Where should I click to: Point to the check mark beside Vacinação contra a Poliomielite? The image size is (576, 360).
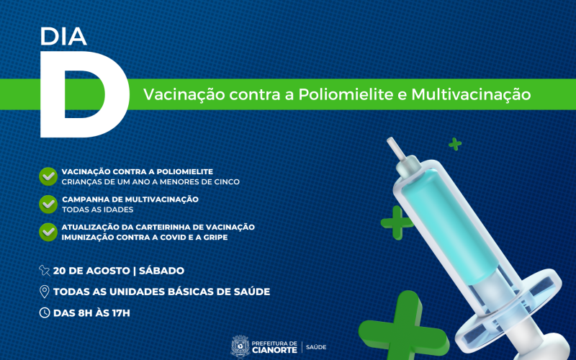[48, 176]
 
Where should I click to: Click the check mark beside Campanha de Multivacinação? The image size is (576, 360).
[48, 203]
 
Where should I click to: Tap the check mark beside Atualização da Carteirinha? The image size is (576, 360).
[48, 231]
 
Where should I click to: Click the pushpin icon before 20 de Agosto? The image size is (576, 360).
[45, 271]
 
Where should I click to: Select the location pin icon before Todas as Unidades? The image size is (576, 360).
[45, 292]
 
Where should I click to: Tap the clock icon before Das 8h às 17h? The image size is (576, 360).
[45, 312]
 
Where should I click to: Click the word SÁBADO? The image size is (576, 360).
[161, 271]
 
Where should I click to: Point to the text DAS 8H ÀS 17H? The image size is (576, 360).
[91, 312]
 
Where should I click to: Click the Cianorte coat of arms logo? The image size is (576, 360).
[239, 346]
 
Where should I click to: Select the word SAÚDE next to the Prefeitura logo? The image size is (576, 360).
[316, 347]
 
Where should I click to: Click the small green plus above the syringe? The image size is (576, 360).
[454, 144]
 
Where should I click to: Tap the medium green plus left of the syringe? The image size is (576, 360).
[397, 222]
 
